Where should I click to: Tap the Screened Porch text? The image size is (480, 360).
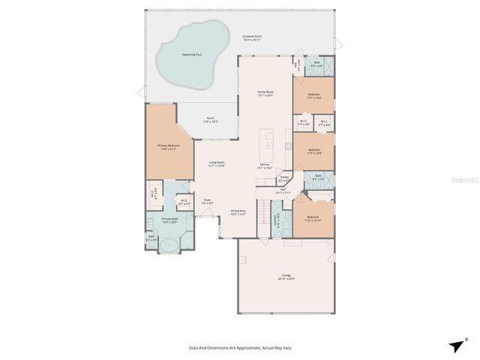click(x=252, y=37)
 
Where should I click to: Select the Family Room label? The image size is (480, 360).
click(x=265, y=94)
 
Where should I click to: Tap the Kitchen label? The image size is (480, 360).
click(x=265, y=166)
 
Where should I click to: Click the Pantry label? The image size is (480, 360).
click(x=284, y=178)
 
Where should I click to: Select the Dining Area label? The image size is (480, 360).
click(x=238, y=212)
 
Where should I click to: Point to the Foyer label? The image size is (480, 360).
click(x=206, y=201)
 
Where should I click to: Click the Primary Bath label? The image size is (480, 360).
click(x=169, y=220)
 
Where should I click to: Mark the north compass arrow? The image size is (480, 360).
click(x=456, y=345)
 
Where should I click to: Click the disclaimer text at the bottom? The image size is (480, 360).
click(x=239, y=347)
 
